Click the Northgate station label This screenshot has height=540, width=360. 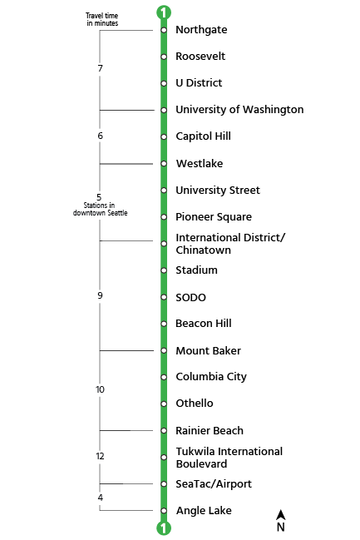pos(201,30)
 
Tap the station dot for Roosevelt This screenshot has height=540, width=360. pos(164,57)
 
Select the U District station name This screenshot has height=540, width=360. pos(199,83)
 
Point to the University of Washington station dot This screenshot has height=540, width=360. pos(164,110)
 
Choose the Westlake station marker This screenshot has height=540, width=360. pos(164,164)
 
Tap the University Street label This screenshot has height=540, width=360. pos(218,191)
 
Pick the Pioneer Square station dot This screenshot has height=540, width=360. pos(164,217)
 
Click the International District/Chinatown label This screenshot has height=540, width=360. pos(229,244)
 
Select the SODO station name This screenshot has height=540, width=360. pos(190,298)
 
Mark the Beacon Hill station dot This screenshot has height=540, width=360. pos(164,324)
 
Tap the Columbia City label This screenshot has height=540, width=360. pos(211,377)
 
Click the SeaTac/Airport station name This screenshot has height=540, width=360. pos(214,484)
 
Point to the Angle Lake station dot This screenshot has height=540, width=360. pos(164,510)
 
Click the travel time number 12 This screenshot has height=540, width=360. pos(100,456)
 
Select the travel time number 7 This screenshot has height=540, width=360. pos(100,68)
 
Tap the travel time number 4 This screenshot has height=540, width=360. pos(100,498)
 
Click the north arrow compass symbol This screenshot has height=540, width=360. pos(281,521)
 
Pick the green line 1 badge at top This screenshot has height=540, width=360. pos(164,12)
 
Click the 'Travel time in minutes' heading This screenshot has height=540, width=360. pos(102,19)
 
